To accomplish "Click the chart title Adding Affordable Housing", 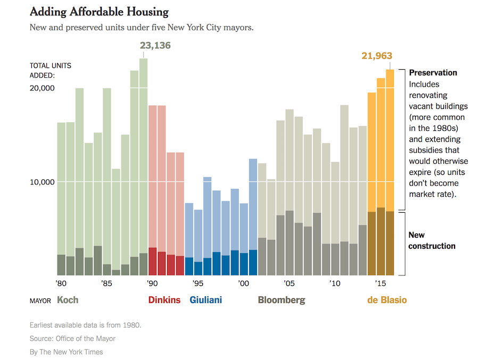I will click(99, 12).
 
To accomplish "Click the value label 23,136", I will click(155, 46).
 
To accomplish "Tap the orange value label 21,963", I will click(377, 56).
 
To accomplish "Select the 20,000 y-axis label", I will click(42, 88).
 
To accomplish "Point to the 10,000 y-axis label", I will click(42, 182).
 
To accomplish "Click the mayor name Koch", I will click(68, 300).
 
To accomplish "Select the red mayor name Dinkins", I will click(164, 300).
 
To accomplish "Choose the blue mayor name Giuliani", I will click(205, 300).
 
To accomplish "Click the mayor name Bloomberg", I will click(282, 300).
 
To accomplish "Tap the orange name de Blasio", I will click(387, 300).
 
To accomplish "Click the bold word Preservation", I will click(433, 73).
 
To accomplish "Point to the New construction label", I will click(432, 240).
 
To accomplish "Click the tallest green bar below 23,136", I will click(143, 160).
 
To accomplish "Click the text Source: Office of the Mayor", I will click(72, 339).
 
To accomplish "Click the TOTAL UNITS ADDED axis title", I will click(51, 70).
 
